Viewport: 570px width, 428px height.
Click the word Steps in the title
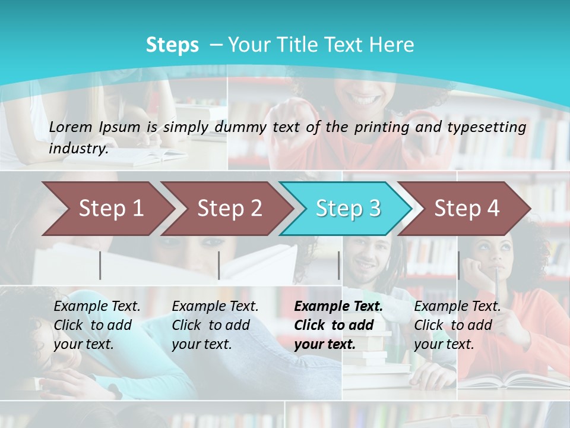(172, 45)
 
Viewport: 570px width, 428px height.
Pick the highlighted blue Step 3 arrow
(347, 208)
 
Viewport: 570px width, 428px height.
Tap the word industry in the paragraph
(78, 148)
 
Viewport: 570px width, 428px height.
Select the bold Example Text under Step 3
(338, 306)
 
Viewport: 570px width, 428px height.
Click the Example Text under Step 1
(97, 306)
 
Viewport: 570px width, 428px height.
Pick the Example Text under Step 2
(215, 306)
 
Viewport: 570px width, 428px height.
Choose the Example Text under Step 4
(457, 306)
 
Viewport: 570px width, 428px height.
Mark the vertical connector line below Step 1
(100, 265)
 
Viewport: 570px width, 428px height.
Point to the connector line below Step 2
(219, 265)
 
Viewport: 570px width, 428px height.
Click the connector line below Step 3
(339, 265)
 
